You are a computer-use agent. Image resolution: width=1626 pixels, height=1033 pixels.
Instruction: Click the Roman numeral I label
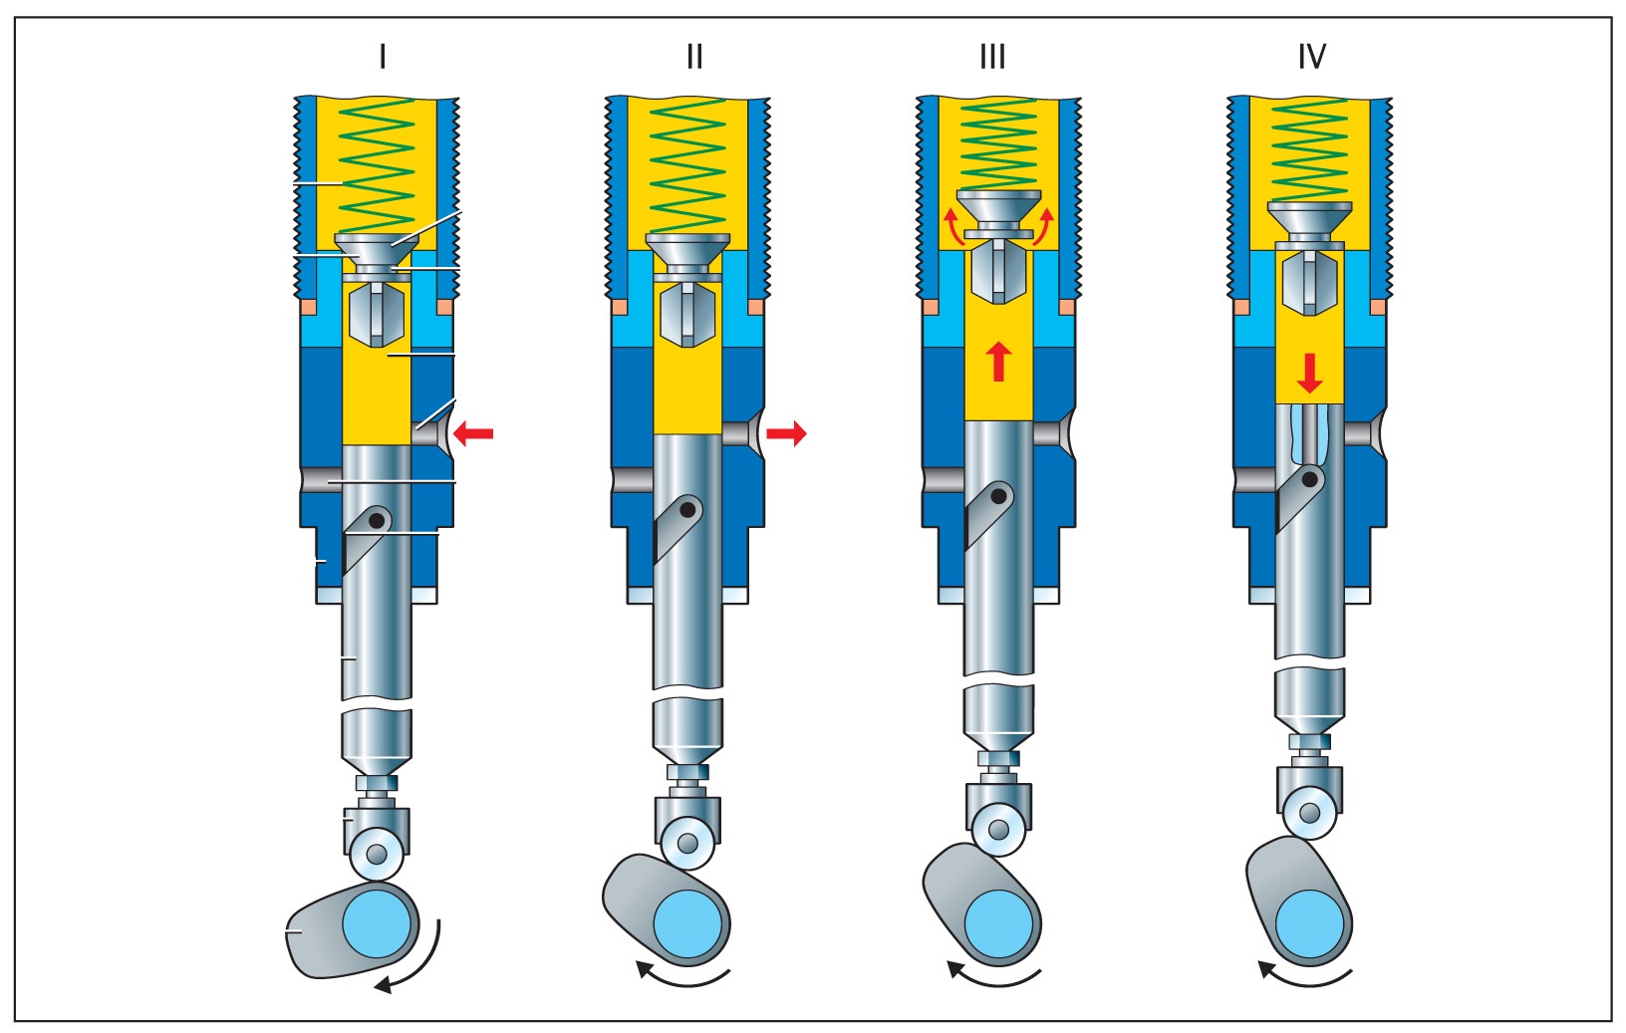383,58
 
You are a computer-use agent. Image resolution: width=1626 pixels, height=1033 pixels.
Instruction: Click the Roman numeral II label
694,58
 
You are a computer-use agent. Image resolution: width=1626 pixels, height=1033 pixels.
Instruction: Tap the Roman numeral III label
992,58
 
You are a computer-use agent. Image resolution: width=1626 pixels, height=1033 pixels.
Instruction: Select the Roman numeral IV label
1311,58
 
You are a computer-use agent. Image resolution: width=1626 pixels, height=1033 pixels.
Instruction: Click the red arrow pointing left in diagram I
472,432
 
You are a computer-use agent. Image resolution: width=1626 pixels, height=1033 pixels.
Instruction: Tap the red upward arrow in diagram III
998,361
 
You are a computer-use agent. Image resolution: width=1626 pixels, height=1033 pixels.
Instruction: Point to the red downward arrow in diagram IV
1309,373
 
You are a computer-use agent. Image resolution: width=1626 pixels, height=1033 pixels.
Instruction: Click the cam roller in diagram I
377,854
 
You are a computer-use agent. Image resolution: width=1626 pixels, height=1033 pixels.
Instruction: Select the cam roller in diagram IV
1310,813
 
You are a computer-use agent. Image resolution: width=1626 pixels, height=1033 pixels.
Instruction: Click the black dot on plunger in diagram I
377,520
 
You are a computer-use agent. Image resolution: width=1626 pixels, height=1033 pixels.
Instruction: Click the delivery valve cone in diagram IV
1310,221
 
